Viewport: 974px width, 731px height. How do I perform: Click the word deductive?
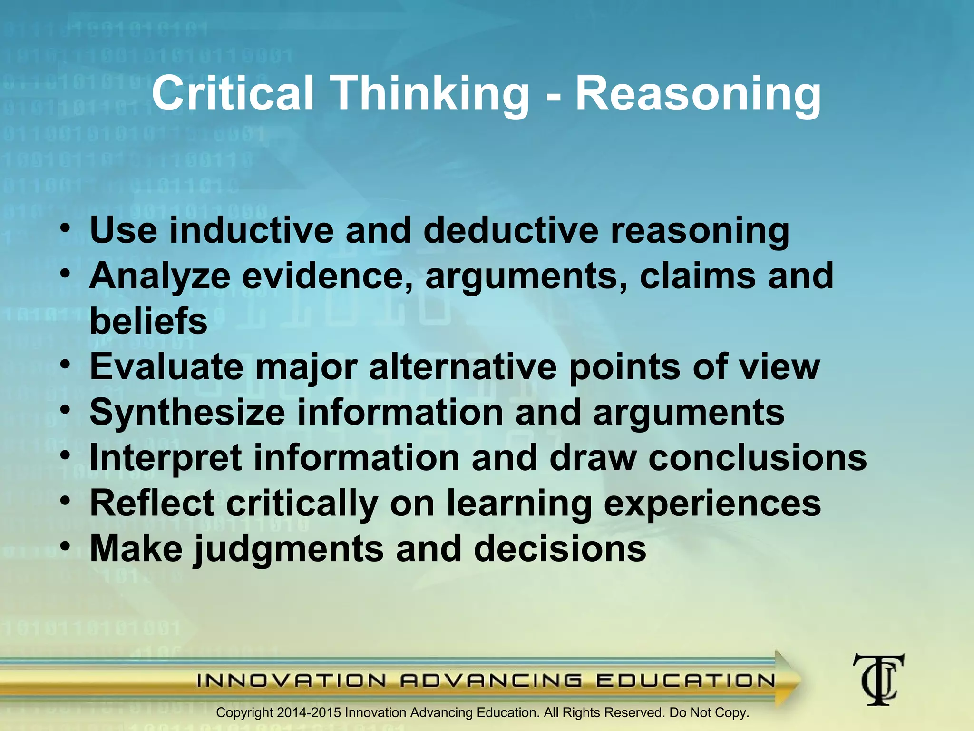click(510, 230)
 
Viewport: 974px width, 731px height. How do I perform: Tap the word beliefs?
click(148, 321)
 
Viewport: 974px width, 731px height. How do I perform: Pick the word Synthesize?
click(187, 412)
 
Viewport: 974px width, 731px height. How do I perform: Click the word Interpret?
click(166, 457)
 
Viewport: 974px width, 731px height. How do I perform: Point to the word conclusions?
click(758, 457)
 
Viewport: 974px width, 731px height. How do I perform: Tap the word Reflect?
click(152, 503)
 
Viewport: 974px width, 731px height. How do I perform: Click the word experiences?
click(712, 503)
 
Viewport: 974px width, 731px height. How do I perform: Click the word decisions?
click(560, 549)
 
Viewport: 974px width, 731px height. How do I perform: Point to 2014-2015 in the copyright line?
click(309, 713)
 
